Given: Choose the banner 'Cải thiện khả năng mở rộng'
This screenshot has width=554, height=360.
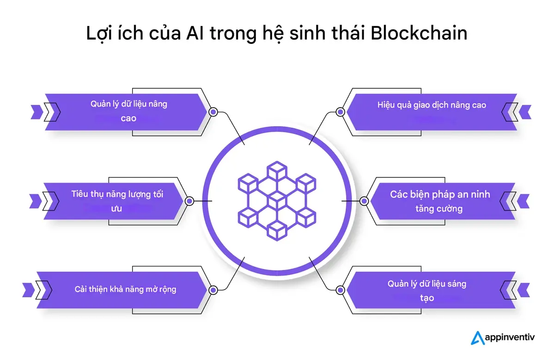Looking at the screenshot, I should [x=125, y=290].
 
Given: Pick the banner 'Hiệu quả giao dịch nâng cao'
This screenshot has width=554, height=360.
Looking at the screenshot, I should [x=432, y=111].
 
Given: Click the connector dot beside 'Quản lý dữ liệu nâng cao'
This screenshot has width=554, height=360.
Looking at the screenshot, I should [x=213, y=112].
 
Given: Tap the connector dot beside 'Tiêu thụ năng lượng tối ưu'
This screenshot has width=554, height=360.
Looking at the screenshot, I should [x=189, y=201].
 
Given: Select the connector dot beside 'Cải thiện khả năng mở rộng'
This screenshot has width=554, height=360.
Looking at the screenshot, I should [x=213, y=290].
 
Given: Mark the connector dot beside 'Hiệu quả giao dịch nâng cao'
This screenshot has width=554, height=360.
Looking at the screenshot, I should [x=341, y=112].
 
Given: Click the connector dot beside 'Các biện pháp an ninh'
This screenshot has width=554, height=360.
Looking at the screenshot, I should [x=364, y=201].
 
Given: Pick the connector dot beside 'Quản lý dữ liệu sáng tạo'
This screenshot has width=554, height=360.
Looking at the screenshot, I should [x=341, y=290].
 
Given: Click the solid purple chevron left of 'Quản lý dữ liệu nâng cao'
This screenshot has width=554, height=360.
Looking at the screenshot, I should [x=36, y=111].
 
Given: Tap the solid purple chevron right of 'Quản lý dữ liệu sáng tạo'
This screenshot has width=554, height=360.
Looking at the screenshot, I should [x=524, y=290].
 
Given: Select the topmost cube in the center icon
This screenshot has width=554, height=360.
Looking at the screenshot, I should [x=276, y=171].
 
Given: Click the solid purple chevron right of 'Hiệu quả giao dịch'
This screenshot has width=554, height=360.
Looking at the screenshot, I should [x=525, y=111].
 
